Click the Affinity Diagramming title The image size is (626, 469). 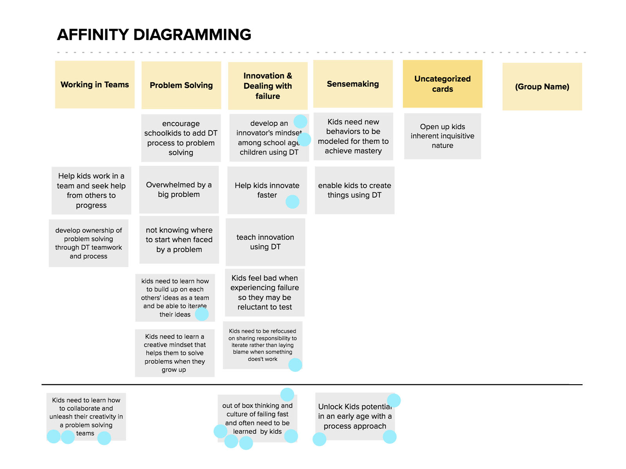click(x=154, y=35)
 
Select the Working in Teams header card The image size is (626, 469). click(x=95, y=84)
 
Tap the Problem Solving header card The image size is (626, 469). click(x=181, y=85)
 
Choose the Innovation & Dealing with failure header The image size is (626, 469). click(x=268, y=86)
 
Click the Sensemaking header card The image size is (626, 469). click(x=353, y=84)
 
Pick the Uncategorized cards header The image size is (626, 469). click(x=443, y=84)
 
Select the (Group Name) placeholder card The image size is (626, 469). click(x=542, y=87)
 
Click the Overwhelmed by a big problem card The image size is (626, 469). click(x=179, y=190)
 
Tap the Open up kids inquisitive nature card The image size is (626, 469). click(x=443, y=136)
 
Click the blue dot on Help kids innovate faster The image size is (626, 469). click(x=292, y=202)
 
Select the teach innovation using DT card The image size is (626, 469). click(x=265, y=242)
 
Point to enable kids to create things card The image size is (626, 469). click(x=354, y=190)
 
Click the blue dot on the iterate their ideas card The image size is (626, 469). click(x=202, y=314)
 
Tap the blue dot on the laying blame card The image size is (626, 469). click(x=295, y=365)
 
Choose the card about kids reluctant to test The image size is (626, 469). click(x=264, y=292)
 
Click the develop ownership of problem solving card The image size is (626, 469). click(x=88, y=243)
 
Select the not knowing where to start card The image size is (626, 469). click(x=179, y=240)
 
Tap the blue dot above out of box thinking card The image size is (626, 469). click(x=287, y=395)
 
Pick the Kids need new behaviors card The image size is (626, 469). click(x=353, y=136)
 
